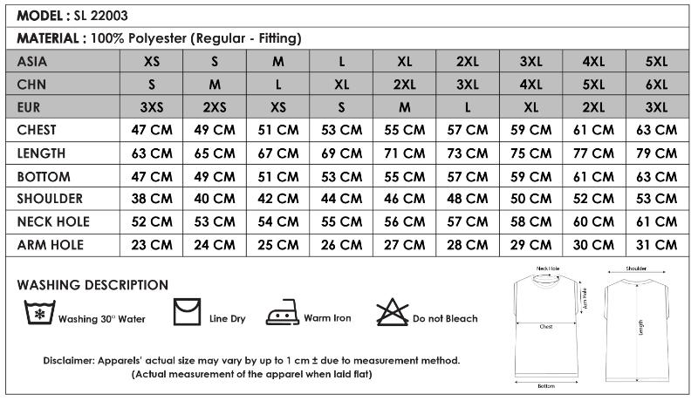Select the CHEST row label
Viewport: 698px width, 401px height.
tap(37, 130)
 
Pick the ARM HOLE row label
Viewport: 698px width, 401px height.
tap(51, 245)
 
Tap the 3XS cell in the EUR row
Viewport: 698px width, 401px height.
tap(151, 107)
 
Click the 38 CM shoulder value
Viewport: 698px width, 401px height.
tap(151, 199)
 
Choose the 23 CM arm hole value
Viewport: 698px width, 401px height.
tap(151, 245)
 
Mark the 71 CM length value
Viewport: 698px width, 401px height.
tap(404, 153)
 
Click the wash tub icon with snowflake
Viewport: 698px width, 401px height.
tap(38, 312)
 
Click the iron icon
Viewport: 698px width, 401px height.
tap(282, 314)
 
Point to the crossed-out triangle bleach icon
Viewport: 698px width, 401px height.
tap(392, 312)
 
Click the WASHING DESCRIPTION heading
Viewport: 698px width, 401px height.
tap(92, 285)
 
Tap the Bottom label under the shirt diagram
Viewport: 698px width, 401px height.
tap(546, 386)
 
